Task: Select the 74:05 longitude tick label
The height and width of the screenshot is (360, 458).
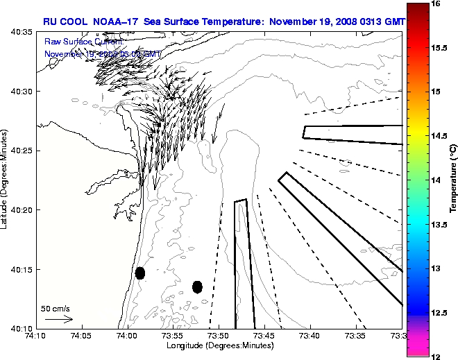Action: click(x=82, y=336)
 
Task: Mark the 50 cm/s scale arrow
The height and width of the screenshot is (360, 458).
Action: click(x=58, y=319)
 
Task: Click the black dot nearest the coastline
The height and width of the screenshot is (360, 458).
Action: click(x=139, y=273)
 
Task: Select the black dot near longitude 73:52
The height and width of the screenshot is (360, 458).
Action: click(x=197, y=286)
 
